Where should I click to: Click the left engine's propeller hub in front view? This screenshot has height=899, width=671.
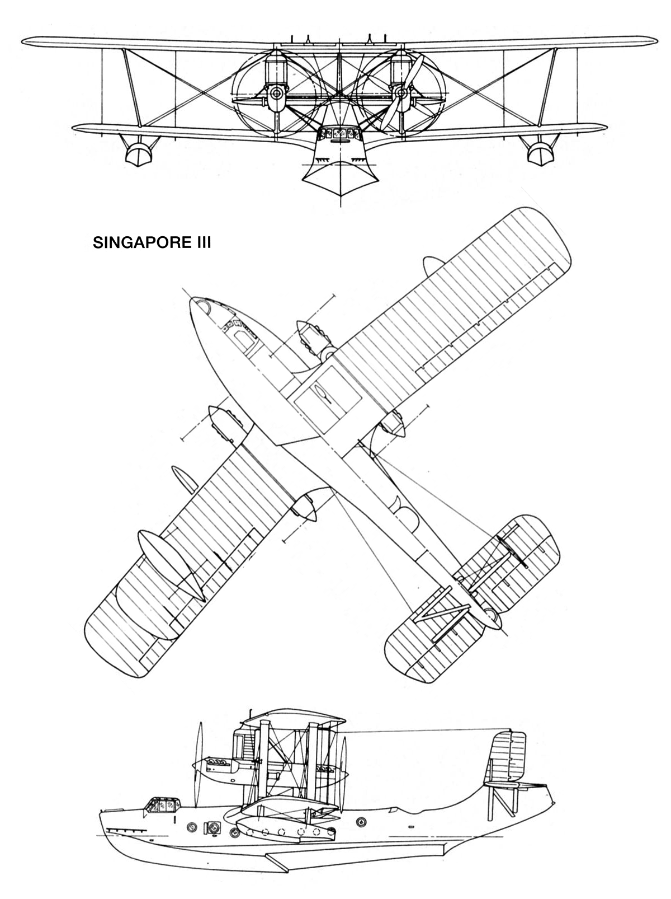tap(277, 94)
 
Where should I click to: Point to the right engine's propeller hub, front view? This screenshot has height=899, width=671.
tap(402, 94)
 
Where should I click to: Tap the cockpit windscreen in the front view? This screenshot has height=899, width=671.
tap(339, 133)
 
